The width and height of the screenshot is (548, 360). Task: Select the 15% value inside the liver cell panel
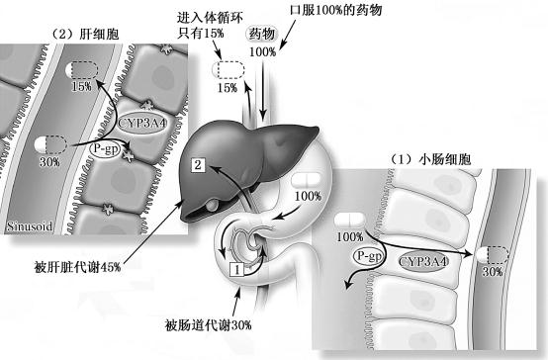81,87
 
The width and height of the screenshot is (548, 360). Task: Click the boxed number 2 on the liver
198,166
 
